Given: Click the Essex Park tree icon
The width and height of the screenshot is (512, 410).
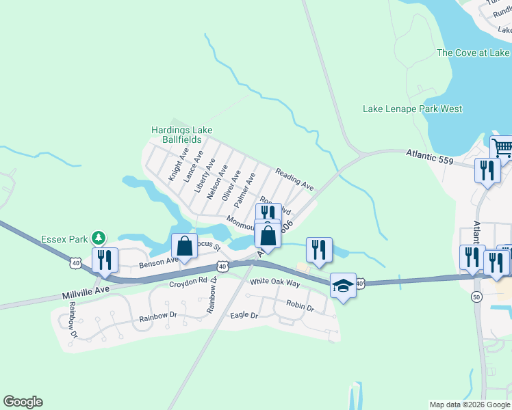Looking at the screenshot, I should pyautogui.click(x=100, y=238).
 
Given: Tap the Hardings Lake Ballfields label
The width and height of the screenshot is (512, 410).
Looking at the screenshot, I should pyautogui.click(x=181, y=135).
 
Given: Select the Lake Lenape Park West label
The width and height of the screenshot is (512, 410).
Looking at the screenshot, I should pyautogui.click(x=412, y=109).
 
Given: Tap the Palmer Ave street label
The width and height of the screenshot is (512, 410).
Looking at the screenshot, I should pyautogui.click(x=244, y=190).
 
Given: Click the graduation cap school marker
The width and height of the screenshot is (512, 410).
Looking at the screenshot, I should pyautogui.click(x=343, y=286).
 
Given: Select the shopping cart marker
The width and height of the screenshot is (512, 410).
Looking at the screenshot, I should pyautogui.click(x=502, y=147).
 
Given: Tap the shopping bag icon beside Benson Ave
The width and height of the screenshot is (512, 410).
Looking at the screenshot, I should pyautogui.click(x=184, y=247).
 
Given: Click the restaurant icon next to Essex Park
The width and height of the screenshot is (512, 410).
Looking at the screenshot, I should pyautogui.click(x=105, y=260).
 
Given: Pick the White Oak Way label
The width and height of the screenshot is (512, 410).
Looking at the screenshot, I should pyautogui.click(x=275, y=282).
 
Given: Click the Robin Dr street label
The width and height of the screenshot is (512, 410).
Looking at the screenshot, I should pyautogui.click(x=300, y=308).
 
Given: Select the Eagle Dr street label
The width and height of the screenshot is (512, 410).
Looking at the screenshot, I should pyautogui.click(x=244, y=316).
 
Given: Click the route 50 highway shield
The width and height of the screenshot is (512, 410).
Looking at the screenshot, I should pyautogui.click(x=476, y=297).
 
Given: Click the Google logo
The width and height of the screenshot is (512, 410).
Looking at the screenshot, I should pyautogui.click(x=23, y=402).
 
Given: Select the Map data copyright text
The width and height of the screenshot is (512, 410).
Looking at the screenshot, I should pyautogui.click(x=470, y=405).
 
